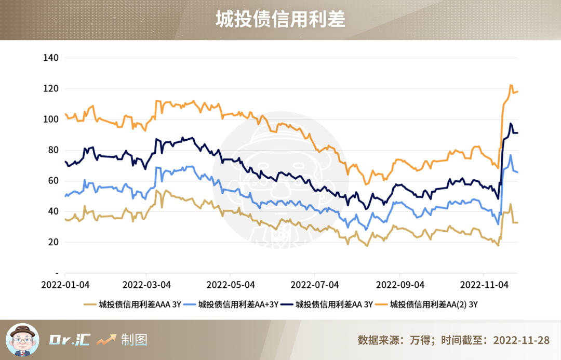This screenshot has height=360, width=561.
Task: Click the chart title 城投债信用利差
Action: pos(280,20)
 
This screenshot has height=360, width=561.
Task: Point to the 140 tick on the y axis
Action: pos(50,58)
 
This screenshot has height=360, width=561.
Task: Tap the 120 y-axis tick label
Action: pos(50,89)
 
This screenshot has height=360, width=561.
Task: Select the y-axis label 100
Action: pos(50,119)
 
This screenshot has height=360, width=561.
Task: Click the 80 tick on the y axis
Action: pos(52,150)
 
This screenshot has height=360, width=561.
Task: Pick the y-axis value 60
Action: pos(52,181)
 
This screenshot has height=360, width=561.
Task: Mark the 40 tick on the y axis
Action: pos(52,211)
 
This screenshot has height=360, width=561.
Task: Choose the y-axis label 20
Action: pos(52,242)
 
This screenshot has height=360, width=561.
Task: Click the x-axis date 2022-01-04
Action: pos(65,285)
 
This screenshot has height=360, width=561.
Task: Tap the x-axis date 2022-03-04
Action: pos(146,285)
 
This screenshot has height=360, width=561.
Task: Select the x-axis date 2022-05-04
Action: pos(231,285)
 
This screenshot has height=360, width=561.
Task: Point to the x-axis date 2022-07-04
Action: pos(315,285)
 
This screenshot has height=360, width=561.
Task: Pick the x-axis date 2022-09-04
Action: pos(400,285)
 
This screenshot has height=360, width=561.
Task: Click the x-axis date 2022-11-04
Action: pos(484,285)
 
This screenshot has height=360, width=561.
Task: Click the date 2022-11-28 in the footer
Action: pos(521,340)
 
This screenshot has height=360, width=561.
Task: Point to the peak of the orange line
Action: pos(511,85)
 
